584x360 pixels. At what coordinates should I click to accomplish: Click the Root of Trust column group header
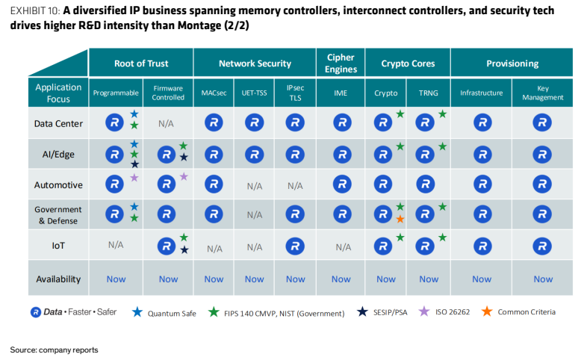click(x=141, y=63)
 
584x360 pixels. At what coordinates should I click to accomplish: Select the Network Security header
click(x=255, y=63)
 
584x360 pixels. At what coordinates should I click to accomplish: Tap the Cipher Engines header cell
click(x=341, y=63)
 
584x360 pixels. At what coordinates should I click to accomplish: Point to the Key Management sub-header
click(x=543, y=93)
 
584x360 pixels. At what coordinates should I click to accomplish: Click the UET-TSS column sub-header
click(x=254, y=93)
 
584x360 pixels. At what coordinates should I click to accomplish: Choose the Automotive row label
click(x=58, y=184)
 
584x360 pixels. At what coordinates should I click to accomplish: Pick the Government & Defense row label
click(x=58, y=215)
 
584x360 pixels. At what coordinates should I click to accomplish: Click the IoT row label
click(x=58, y=246)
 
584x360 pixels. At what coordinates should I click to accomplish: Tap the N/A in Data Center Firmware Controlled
click(x=166, y=124)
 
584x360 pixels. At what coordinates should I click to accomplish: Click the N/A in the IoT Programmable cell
click(x=116, y=245)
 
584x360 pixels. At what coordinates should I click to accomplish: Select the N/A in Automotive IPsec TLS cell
click(x=295, y=185)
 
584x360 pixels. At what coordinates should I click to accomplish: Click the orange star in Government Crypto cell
click(x=400, y=219)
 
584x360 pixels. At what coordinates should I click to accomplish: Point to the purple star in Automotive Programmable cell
click(x=134, y=178)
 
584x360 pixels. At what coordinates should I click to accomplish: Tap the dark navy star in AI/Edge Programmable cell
click(x=134, y=164)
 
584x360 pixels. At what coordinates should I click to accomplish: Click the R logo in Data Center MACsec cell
click(x=214, y=122)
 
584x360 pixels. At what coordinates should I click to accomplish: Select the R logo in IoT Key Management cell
click(x=542, y=246)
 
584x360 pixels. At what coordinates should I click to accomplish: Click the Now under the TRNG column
click(x=429, y=279)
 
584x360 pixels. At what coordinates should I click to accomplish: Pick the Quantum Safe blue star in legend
click(x=137, y=312)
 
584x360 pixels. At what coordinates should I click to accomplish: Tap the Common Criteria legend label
click(x=526, y=312)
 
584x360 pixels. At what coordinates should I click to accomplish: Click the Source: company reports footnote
click(x=54, y=350)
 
